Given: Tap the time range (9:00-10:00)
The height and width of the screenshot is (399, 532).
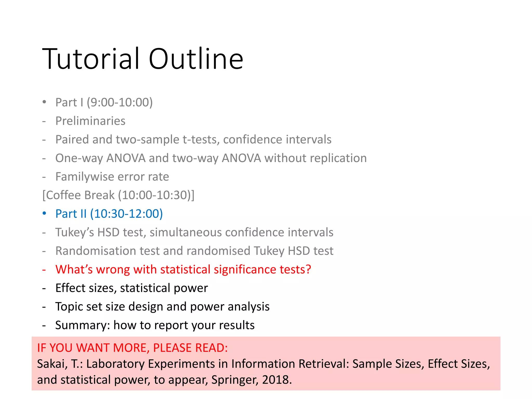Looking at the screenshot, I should coord(119,102).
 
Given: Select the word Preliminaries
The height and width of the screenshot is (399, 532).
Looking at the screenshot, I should coord(90,121).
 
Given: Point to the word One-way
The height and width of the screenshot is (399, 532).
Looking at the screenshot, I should coord(79,158).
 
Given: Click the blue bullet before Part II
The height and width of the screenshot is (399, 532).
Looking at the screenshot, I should coord(44,214).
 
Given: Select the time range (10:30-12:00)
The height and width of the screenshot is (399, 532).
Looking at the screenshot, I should coord(126,214).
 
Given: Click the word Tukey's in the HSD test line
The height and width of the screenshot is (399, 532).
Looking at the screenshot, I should coord(74,232).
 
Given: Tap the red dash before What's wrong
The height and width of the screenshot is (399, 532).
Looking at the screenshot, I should coord(44,270).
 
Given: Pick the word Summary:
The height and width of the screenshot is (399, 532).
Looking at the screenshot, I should coord(83,325).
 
